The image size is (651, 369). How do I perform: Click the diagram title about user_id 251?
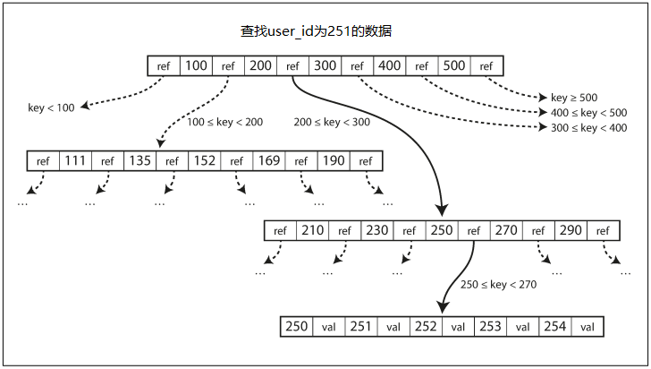point(316,31)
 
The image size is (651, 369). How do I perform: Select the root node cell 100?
point(196,65)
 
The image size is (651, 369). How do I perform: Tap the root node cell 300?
point(325,65)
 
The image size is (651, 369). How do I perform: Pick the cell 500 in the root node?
point(454,65)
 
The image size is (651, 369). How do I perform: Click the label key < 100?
point(51,107)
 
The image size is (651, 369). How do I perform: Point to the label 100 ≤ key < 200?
point(224,122)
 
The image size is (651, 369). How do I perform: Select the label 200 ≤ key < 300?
point(332,122)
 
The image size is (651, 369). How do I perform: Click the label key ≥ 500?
point(574,98)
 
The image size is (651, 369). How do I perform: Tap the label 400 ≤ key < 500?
point(588,113)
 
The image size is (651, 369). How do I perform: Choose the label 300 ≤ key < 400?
point(588,128)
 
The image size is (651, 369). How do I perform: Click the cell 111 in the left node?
point(75,160)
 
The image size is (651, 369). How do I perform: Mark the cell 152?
point(204,160)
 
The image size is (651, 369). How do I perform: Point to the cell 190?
point(334,160)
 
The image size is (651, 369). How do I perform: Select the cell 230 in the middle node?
point(377,230)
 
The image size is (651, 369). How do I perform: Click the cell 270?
point(506,230)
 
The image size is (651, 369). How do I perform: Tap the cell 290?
point(571,230)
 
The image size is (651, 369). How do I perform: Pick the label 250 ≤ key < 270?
point(498,285)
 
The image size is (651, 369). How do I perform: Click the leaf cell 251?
point(360,327)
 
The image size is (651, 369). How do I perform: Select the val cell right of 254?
point(587,327)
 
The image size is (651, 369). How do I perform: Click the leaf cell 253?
point(490,327)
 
